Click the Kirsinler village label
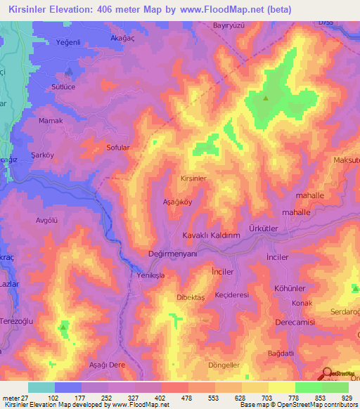coord(193,179)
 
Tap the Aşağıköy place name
coord(177,200)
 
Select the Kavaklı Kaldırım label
coord(212,235)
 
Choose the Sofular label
coord(117,148)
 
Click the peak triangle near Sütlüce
coord(68,71)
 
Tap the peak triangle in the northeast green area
coord(266,98)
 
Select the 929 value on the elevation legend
coord(344,398)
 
